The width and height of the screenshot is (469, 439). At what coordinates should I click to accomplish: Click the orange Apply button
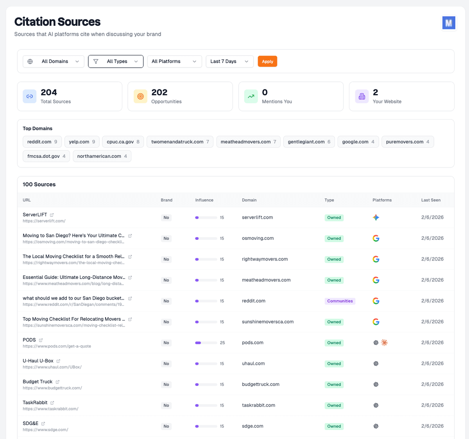pyautogui.click(x=267, y=61)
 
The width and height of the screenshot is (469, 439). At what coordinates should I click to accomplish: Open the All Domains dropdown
pyautogui.click(x=54, y=61)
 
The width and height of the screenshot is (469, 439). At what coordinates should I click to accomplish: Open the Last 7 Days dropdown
pyautogui.click(x=229, y=61)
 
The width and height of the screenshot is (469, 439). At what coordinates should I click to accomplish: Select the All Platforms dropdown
pyautogui.click(x=174, y=61)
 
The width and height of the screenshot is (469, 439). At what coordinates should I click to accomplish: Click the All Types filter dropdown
pyautogui.click(x=116, y=61)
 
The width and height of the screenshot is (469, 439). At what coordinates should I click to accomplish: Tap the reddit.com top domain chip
pyautogui.click(x=42, y=142)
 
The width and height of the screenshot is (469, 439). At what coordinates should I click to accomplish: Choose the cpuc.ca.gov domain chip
pyautogui.click(x=123, y=142)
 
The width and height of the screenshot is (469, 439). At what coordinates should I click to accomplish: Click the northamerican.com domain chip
pyautogui.click(x=102, y=156)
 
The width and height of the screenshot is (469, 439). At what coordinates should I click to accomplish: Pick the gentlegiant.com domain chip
pyautogui.click(x=309, y=142)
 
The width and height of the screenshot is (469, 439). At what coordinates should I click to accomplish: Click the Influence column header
pyautogui.click(x=204, y=200)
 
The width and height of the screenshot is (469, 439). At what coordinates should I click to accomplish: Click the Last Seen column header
pyautogui.click(x=431, y=200)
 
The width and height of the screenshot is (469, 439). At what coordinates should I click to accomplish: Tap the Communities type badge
pyautogui.click(x=340, y=301)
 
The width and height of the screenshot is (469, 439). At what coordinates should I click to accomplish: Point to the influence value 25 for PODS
pyautogui.click(x=222, y=343)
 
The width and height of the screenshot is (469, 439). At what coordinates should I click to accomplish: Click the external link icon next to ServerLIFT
pyautogui.click(x=52, y=215)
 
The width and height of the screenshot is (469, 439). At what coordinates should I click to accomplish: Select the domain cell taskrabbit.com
pyautogui.click(x=258, y=405)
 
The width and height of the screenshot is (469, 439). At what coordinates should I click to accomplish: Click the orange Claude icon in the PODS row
pyautogui.click(x=385, y=343)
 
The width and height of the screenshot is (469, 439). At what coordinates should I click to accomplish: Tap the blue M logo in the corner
pyautogui.click(x=449, y=23)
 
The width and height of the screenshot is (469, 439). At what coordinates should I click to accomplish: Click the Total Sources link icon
pyautogui.click(x=29, y=96)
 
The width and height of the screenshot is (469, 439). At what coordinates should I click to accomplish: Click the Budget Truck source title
pyautogui.click(x=38, y=382)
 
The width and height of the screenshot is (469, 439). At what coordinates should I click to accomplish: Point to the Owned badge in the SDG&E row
pyautogui.click(x=334, y=427)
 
